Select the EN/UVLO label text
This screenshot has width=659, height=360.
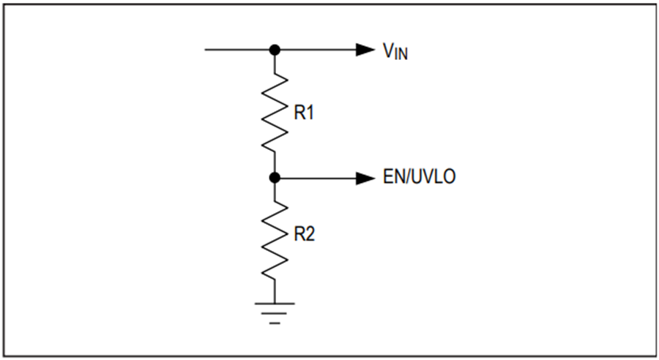pos(419,176)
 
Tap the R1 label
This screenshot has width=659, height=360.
pos(304,113)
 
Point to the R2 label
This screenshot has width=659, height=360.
pos(305,234)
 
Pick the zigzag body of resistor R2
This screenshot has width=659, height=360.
pos(275,240)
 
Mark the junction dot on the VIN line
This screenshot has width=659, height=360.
pos(275,50)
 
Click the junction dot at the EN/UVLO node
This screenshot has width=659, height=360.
pos(275,178)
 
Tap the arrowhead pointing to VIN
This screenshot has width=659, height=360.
pos(365,50)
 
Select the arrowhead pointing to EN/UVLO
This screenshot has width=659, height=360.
pos(365,178)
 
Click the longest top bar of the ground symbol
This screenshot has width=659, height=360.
pos(275,303)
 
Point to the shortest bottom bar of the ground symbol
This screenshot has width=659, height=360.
pos(275,323)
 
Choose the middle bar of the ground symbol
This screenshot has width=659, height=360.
pos(275,313)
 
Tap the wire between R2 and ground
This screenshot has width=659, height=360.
pos(275,291)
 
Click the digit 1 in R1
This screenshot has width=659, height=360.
pos(310,113)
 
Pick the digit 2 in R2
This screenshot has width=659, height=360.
pos(310,234)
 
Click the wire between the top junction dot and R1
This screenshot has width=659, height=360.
pos(275,64)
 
